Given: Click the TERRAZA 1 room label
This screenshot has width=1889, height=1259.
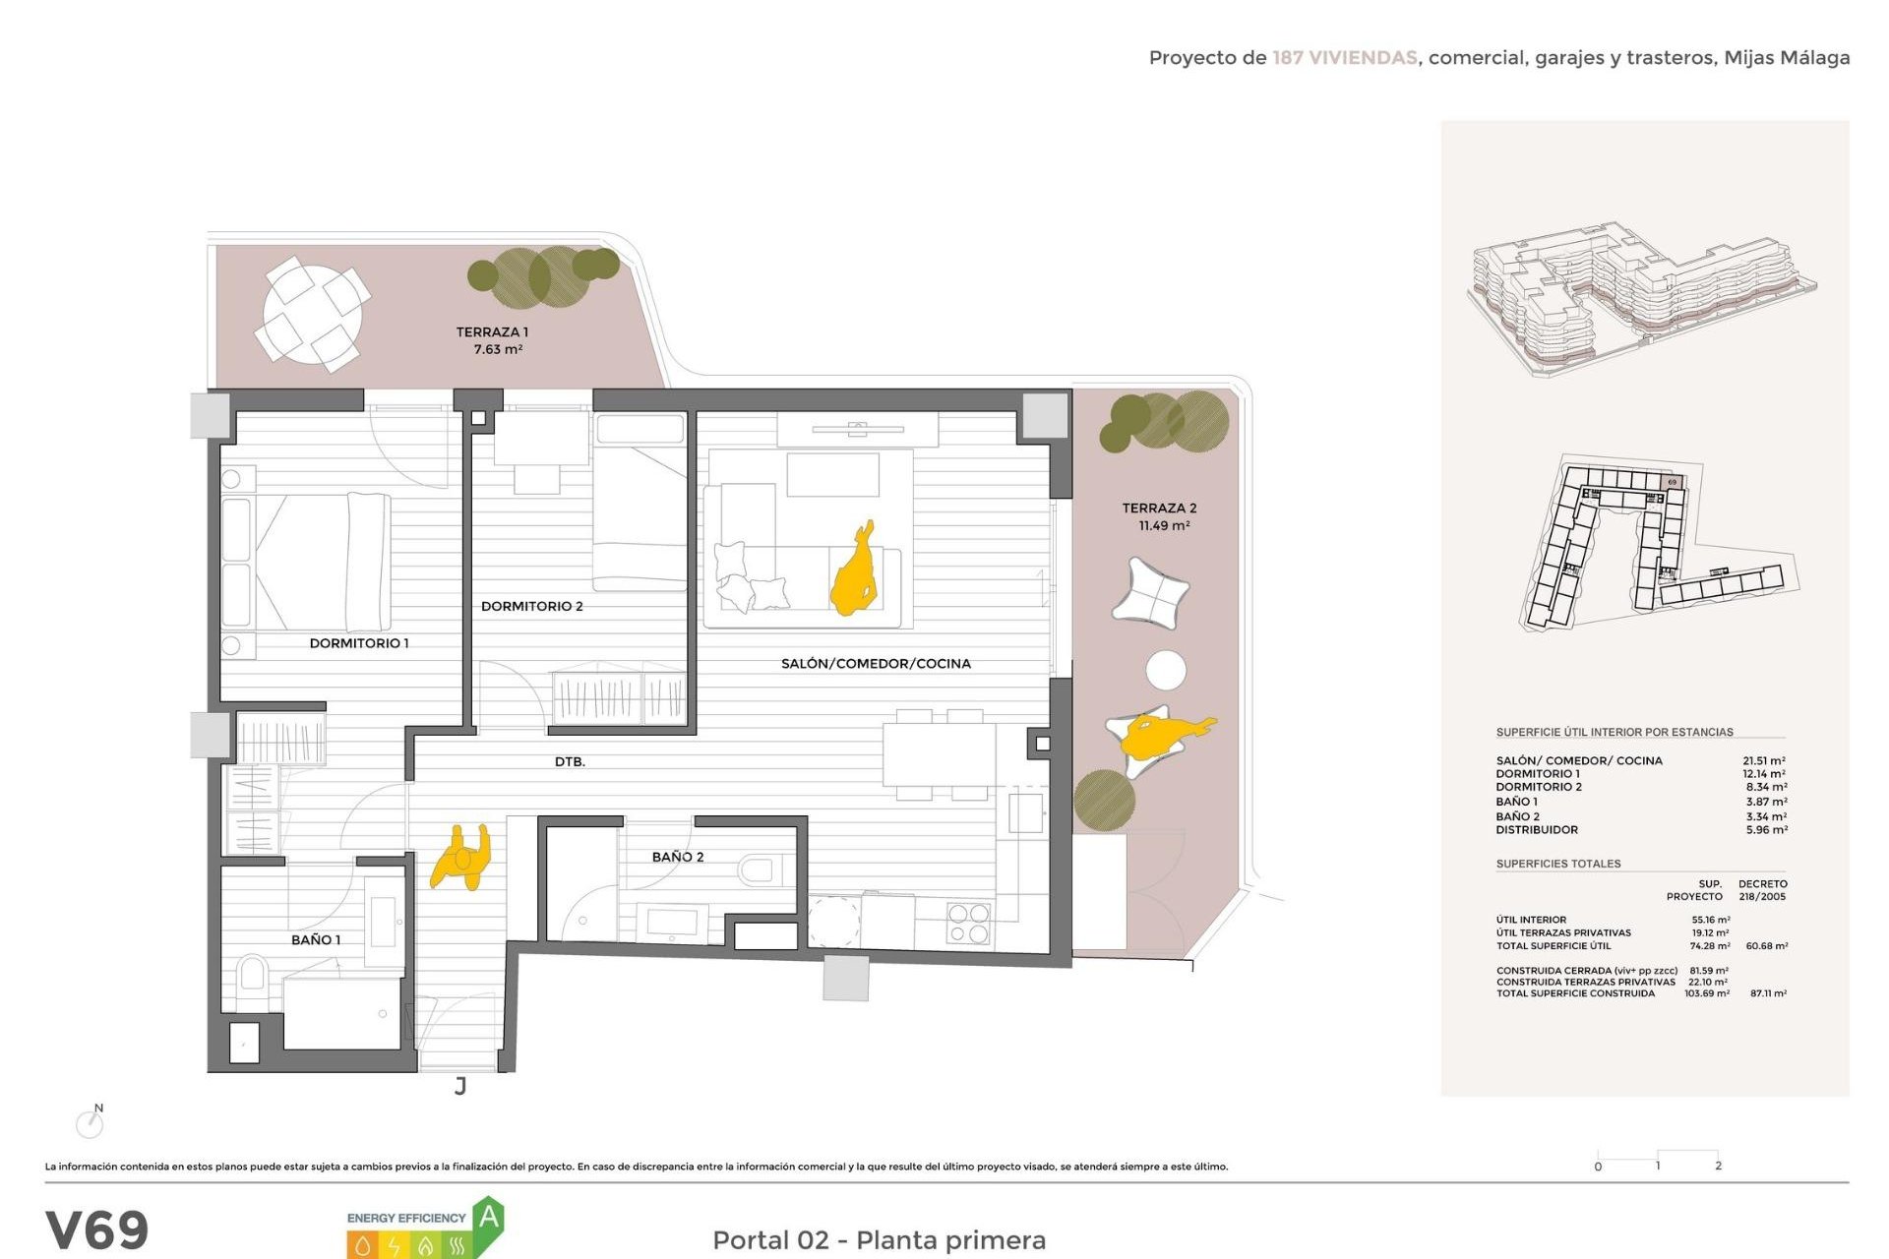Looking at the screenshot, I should click(492, 332).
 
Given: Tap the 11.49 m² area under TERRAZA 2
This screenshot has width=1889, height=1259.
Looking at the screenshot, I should click(1164, 526).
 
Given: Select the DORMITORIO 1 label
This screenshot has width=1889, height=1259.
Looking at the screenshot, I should click(359, 643).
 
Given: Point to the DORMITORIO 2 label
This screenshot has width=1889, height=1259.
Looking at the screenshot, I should click(531, 606).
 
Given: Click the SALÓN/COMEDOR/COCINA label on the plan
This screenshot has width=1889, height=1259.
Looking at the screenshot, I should click(876, 664).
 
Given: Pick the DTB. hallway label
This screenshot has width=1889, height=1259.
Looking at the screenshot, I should click(570, 762).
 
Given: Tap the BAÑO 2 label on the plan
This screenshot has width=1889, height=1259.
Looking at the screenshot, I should click(678, 857).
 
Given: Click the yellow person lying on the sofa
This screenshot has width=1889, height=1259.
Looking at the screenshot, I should click(854, 571).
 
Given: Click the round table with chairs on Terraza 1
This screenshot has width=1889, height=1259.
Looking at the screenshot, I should click(312, 314).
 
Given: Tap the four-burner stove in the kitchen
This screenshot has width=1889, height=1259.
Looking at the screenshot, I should click(968, 923).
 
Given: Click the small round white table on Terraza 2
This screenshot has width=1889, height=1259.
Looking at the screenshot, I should click(1166, 670).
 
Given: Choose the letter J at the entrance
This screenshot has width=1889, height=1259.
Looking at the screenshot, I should click(460, 1086).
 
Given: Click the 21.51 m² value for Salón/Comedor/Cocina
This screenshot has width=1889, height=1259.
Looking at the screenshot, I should click(1763, 760).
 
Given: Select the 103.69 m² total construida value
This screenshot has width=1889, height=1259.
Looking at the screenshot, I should click(1706, 993).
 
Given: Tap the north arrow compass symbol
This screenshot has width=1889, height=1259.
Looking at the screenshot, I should click(91, 1122).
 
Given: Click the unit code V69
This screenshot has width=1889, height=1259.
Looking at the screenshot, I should click(96, 1230).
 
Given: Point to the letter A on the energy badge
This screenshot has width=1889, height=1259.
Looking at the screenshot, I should click(489, 1218).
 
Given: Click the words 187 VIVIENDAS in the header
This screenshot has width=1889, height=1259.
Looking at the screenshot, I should click(1344, 58).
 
